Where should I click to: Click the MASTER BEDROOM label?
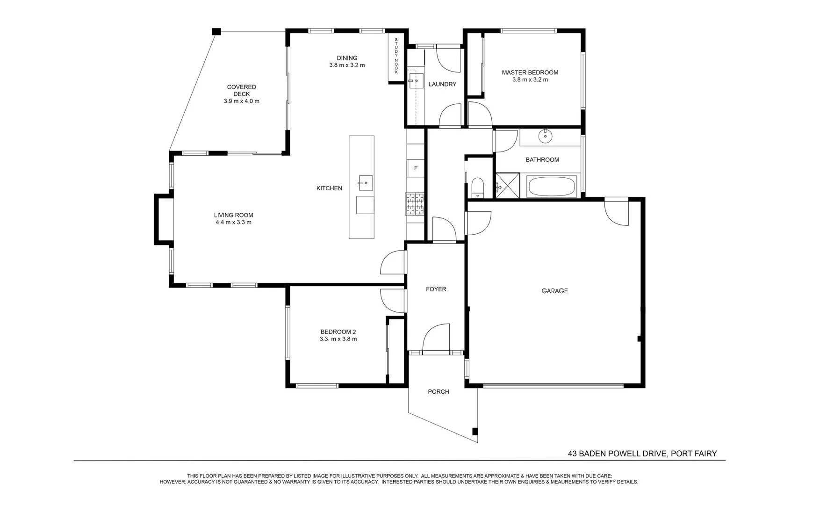coord(530,72)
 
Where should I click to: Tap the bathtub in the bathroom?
coord(552,187)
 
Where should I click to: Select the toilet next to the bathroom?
coord(477,186)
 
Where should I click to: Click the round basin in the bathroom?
coord(545,137)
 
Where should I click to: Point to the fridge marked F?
coord(416,168)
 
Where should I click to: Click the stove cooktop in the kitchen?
coord(415,204)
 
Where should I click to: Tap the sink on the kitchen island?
coord(366,183)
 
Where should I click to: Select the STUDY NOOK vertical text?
coord(396,56)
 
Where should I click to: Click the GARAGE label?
coord(554,291)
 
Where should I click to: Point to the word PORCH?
coord(439,392)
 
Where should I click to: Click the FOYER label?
coord(436,289)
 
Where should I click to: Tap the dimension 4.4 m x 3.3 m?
coord(233,223)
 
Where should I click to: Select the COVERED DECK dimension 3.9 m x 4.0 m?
coord(242,101)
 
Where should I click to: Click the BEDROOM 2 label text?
coord(338,332)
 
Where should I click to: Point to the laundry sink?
coord(415,81)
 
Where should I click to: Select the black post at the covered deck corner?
coord(216,31)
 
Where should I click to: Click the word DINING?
coord(347,58)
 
